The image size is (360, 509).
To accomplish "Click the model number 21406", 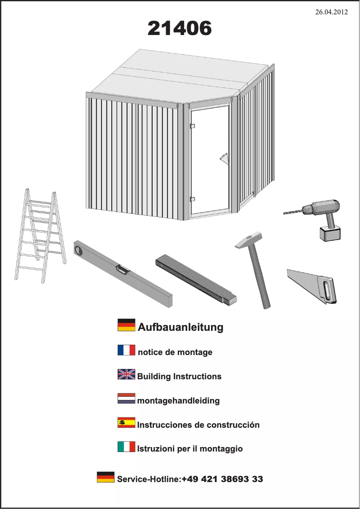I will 180,29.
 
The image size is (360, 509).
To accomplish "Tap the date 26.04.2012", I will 331,12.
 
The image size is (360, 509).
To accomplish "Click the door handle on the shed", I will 224,159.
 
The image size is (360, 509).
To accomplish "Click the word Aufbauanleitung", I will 180,327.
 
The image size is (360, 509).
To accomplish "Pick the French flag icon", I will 126,350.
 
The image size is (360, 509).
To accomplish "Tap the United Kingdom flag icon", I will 126,374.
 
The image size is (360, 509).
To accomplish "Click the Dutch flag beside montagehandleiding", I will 126,399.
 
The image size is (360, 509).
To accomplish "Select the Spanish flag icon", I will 126,423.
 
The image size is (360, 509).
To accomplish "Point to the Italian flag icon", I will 126,447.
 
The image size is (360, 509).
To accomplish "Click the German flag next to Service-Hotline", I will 105,477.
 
